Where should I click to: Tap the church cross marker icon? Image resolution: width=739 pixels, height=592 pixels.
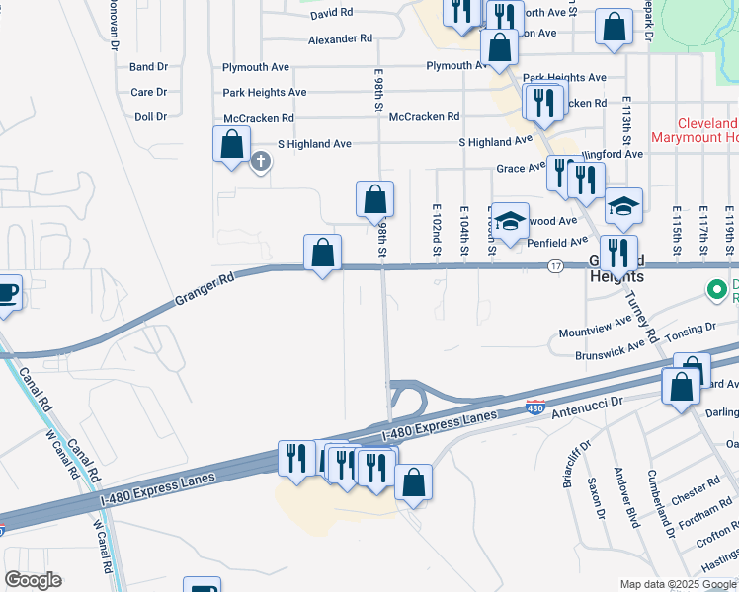261,161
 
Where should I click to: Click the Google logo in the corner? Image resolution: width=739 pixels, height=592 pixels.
33,580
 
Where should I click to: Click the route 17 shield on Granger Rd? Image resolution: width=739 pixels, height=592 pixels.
556,266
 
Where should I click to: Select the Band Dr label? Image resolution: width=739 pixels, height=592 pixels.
148,67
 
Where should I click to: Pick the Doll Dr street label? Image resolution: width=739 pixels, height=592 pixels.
150,117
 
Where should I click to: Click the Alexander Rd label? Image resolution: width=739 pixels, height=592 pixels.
340,39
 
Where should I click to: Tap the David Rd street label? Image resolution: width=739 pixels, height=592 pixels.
331,15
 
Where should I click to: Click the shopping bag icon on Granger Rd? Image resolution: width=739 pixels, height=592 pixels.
323,254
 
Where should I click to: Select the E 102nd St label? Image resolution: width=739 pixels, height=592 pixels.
436,234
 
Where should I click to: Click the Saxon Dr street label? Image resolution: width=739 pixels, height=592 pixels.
596,499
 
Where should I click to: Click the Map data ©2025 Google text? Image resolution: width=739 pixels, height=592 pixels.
677,584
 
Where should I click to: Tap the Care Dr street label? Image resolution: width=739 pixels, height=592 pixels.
149,92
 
